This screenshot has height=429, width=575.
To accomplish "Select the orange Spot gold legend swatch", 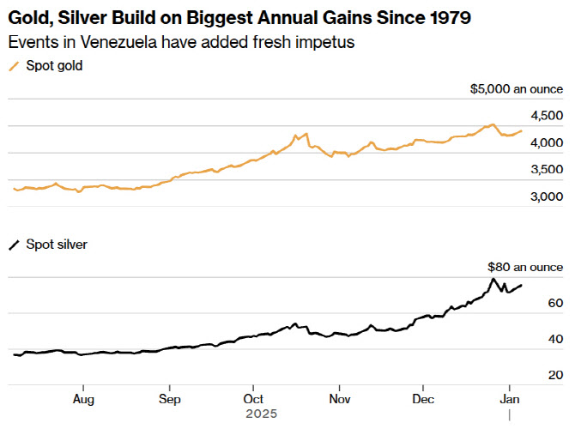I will coord(14,66).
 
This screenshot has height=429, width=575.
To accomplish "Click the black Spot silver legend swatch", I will coord(14,245).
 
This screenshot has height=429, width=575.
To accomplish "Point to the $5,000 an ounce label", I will coord(517,88).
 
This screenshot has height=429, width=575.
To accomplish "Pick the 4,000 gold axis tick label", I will coord(548,142).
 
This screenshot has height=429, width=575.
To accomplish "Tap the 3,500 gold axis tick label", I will coord(548,170).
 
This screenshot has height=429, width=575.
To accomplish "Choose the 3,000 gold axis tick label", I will coord(548,197).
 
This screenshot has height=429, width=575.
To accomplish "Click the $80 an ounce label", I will coord(525,267).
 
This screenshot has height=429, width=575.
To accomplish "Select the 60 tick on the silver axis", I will coord(555,303).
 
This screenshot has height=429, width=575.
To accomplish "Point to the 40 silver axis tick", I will coord(555,339).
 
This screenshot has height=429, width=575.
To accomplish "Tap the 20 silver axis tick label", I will coord(555,375).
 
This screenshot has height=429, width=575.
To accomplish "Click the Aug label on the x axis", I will coord(83,399).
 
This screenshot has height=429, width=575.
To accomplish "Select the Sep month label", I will coord(170,399).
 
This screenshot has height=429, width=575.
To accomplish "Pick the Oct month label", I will coord(253,399).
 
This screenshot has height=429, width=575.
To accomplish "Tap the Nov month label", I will coord(340,399).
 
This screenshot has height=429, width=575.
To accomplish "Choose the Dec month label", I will coord(423,399).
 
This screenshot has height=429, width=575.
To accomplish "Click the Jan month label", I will coord(510,399).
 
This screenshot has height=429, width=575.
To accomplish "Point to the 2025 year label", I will coord(261,414).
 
